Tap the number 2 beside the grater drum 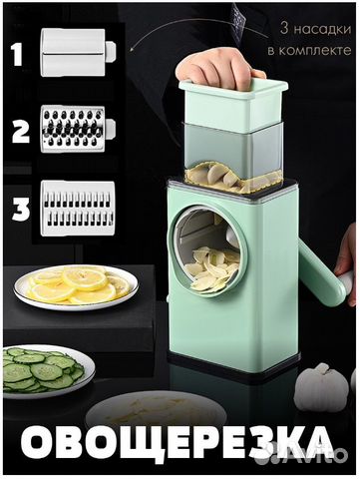pos(21,132)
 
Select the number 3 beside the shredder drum pos(21,209)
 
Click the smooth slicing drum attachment pos(78,52)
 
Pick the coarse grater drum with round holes pos(78,129)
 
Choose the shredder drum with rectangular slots pos(78,209)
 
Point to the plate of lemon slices pos(76,286)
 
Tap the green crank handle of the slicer pos(321,271)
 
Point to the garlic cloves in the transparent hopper pos(226,178)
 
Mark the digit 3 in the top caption pos(284,29)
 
